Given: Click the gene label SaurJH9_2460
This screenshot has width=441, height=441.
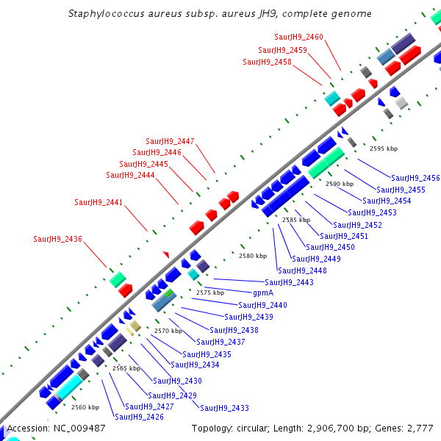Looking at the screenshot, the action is tap(298, 37).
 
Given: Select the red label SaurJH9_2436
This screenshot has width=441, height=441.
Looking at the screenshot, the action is tap(57, 239).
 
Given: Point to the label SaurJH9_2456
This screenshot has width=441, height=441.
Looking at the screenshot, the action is tap(415, 178).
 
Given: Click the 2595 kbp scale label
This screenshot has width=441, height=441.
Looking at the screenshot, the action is tap(383, 148).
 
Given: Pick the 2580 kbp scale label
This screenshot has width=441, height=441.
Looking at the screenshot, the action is tap(252, 256).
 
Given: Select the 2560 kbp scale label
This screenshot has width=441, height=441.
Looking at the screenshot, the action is tap(85, 406).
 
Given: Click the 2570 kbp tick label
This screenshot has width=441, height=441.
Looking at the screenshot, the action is tap(168, 331).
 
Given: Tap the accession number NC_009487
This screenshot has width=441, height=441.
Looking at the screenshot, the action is tap(78, 428).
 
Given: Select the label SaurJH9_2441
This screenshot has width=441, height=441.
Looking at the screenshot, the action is tap(98, 202).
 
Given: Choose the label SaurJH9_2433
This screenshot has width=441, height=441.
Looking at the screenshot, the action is tap(224, 408).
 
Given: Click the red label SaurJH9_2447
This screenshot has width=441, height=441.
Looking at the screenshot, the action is tap(170, 141).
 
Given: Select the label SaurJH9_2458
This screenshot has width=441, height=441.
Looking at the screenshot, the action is tap(267, 62).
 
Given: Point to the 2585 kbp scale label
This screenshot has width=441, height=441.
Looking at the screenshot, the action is tap(296, 220).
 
